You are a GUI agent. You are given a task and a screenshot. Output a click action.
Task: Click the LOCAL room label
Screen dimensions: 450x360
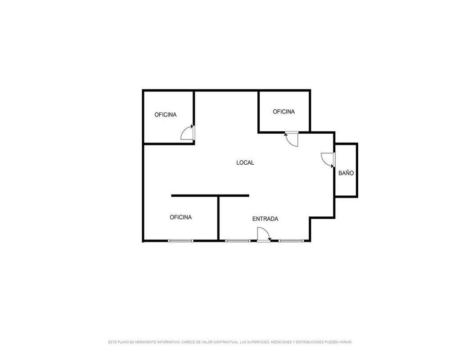[245, 163]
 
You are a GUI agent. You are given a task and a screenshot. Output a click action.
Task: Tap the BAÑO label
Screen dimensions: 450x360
[346, 173]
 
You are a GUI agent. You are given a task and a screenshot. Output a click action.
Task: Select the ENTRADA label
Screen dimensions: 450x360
[265, 219]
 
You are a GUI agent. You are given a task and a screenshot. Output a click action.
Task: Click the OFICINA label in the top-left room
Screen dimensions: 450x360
[166, 115]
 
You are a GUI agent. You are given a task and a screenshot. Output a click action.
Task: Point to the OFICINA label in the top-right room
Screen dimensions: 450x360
[284, 112]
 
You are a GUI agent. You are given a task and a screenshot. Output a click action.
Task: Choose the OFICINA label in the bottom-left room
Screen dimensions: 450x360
[181, 217]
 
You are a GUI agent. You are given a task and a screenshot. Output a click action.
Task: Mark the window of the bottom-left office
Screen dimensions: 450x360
[181, 241]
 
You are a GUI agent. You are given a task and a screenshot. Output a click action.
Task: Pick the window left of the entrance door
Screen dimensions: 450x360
[238, 241]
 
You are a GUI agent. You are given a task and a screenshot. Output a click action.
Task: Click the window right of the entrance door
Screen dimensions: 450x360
[291, 241]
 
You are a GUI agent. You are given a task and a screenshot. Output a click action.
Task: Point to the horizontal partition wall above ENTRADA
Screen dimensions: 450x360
[210, 196]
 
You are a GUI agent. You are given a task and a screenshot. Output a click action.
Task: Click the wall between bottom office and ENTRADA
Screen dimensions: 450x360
[218, 218]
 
